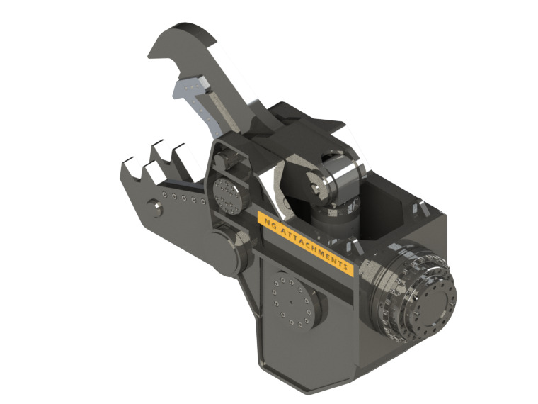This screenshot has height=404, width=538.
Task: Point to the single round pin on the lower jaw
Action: tap(154, 206)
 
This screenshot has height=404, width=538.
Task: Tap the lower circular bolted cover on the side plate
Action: tap(291, 298)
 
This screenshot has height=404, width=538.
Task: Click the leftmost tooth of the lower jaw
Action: tap(129, 167)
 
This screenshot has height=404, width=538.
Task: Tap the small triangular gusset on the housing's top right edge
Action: tap(418, 210)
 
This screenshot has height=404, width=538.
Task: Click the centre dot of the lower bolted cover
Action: tap(292, 299)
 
